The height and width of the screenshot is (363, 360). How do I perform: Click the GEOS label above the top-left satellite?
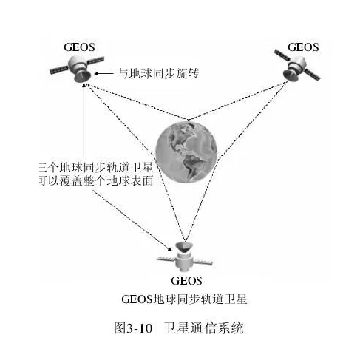point(79,47)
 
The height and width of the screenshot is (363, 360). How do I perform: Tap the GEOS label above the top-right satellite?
point(303,47)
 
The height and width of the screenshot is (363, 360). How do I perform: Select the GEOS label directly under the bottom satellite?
point(186,281)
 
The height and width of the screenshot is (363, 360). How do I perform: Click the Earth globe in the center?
point(186,153)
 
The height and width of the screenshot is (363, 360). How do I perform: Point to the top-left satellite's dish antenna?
point(83,75)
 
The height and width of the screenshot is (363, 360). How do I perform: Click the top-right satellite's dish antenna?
point(291,75)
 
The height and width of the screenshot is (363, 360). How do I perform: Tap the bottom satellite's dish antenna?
point(184,247)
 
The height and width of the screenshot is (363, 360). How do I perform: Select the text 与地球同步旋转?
point(158,73)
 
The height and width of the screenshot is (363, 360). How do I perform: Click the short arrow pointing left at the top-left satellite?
point(103,73)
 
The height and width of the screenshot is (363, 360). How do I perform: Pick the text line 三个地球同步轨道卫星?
point(96,168)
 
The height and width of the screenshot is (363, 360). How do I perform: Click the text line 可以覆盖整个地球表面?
point(96,180)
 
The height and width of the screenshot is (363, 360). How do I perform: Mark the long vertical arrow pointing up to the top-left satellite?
point(84,121)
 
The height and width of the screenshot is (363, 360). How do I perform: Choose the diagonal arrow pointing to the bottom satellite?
point(132,220)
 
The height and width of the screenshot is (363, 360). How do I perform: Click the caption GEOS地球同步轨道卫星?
point(184,299)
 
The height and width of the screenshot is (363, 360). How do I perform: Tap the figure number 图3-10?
point(133,328)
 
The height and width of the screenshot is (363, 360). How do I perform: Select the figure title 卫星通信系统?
point(203,328)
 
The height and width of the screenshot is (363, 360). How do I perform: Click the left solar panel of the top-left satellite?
point(59,69)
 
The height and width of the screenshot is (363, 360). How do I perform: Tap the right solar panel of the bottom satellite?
point(203,262)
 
